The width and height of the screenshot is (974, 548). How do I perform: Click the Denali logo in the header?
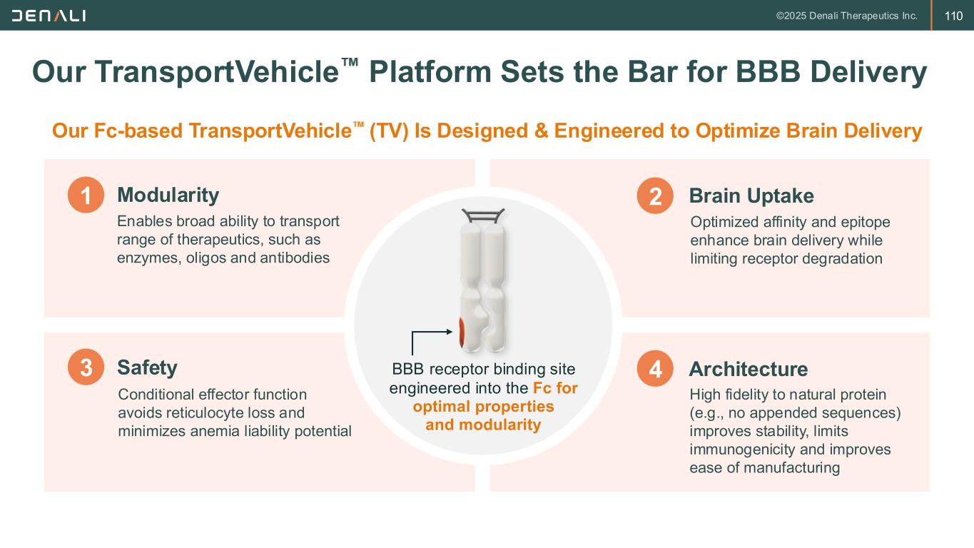49,15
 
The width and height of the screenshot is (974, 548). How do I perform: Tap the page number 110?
953,16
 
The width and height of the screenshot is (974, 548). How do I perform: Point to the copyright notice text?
846,16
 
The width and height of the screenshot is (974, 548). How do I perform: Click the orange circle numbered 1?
86,196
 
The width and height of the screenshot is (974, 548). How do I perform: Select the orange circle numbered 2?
654,196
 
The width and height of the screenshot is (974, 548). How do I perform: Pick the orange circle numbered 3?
86,368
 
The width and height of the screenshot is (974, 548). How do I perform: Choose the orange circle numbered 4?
654,370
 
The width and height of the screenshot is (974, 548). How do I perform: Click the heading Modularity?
168,195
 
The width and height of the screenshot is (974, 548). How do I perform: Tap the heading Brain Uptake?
751,196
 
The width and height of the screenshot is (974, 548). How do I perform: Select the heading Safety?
147,367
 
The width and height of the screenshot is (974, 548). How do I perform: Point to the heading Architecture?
748,369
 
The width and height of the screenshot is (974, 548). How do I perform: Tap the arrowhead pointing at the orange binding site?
450,331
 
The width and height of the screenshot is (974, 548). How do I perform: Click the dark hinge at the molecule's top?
483,214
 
